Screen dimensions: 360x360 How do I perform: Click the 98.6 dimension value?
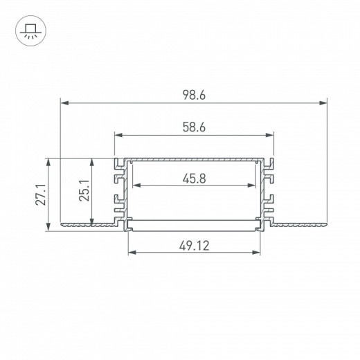click(194, 95)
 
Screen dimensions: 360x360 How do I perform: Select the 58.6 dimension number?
click(194, 127)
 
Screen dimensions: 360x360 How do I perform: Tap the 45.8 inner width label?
click(194, 179)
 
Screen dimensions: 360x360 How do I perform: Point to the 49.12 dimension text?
click(195, 246)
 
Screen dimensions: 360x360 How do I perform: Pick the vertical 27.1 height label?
click(41, 195)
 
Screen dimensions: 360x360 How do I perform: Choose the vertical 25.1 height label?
click(84, 190)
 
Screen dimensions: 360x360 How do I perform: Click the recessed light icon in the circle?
click(30, 30)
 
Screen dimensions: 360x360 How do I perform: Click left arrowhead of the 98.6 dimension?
click(64, 102)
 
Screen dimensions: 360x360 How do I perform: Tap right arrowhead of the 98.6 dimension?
click(323, 102)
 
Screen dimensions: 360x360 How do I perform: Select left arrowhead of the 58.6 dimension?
click(118, 135)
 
